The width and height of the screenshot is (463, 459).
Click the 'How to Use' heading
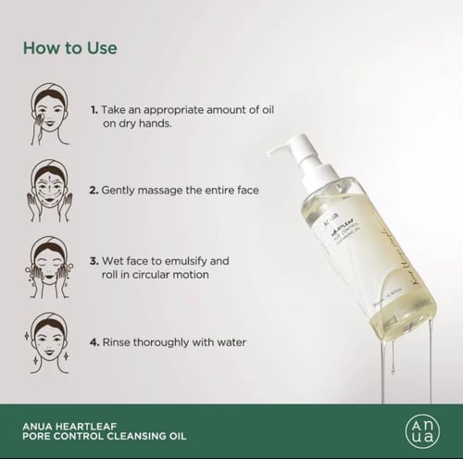coord(70,46)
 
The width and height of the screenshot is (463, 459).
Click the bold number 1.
coord(94,109)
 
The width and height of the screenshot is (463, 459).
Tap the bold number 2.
coord(94,191)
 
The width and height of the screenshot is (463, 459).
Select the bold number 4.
coord(94,341)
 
